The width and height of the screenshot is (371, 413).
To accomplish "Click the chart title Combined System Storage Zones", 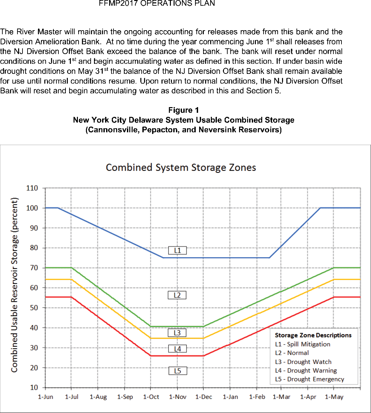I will (181, 168).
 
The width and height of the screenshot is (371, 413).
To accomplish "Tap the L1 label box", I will (177, 250).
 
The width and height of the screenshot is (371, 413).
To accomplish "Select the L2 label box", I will (177, 295).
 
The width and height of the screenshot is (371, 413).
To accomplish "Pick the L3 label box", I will (177, 333).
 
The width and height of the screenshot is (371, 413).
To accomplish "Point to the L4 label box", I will (177, 349).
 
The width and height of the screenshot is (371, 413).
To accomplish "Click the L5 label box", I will (177, 371).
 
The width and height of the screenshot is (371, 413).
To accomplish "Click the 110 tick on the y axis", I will (32, 188).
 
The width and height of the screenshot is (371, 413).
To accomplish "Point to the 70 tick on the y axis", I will (34, 268).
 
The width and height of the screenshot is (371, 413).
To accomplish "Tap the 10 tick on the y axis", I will (34, 387).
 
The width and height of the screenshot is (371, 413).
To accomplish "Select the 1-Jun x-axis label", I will (45, 397).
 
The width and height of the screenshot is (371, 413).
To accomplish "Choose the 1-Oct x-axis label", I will (151, 397).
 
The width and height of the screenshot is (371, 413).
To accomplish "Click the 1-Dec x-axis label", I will (204, 397).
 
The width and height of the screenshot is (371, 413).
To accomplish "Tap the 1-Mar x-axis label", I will (281, 397).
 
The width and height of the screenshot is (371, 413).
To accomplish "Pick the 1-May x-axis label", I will (334, 397).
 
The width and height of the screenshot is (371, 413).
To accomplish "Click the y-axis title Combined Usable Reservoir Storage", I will (14, 285).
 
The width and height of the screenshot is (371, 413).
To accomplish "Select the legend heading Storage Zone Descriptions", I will (313, 335).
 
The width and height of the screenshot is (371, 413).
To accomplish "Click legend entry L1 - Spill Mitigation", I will (303, 344).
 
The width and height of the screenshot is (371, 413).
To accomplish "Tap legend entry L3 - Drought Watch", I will (303, 362).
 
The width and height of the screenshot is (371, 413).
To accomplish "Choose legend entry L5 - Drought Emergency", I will (310, 379).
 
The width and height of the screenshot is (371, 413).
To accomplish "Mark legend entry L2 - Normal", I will (292, 353).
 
